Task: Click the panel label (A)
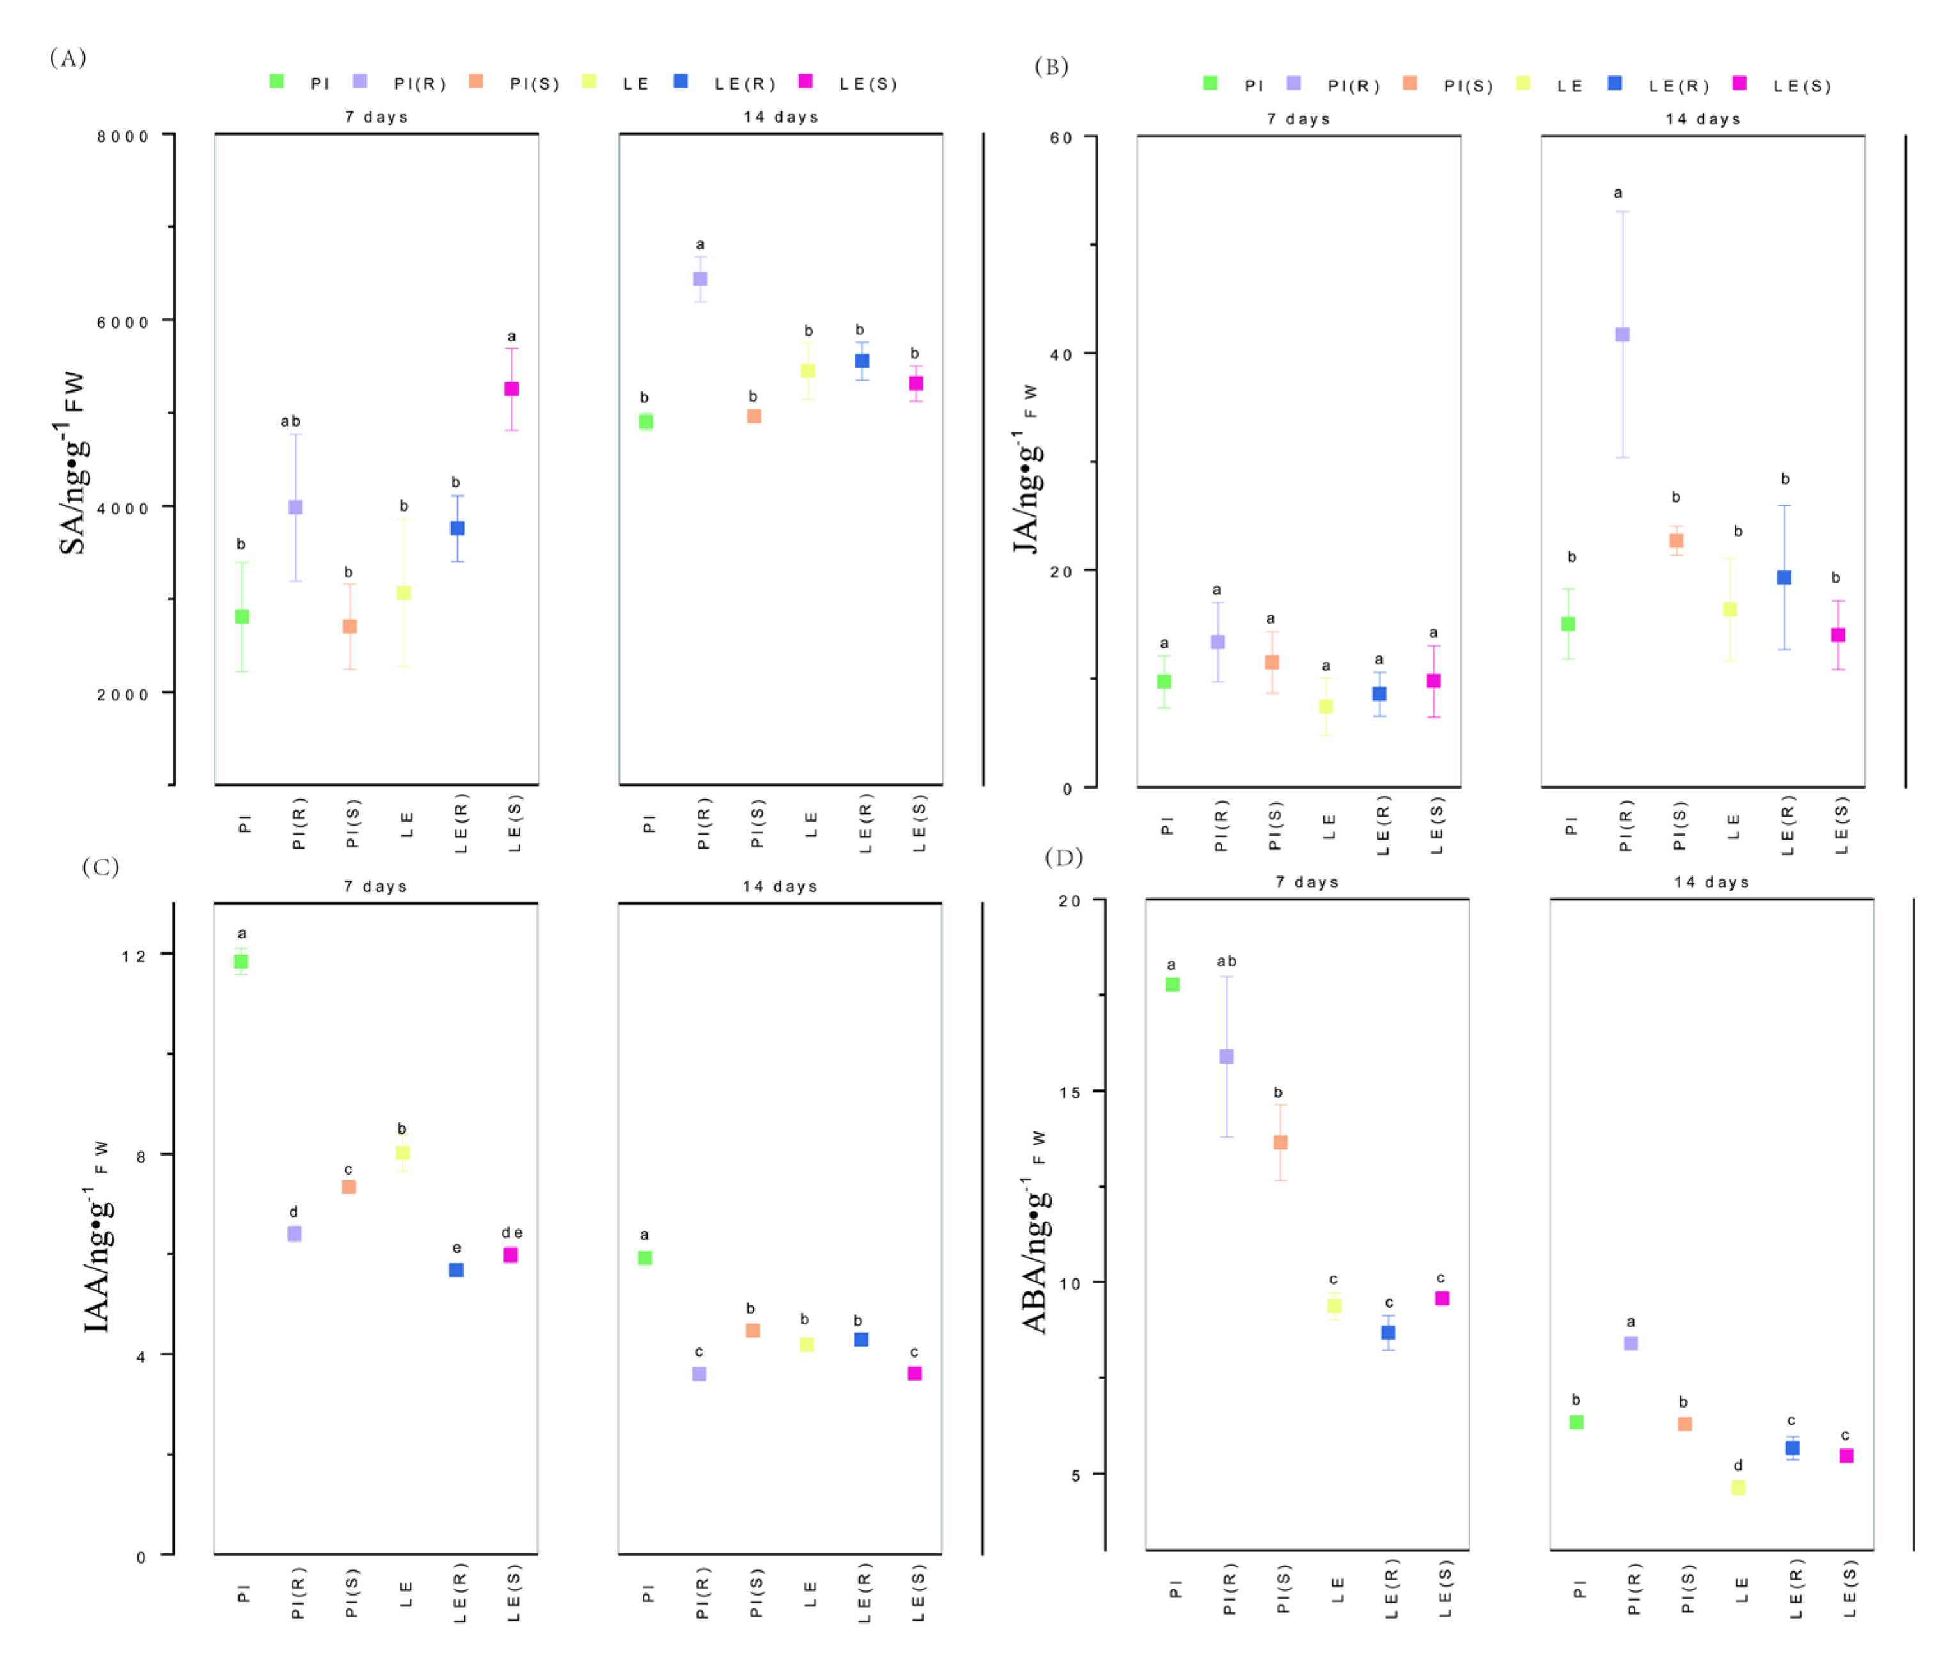tap(68, 58)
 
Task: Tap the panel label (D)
tap(1063, 858)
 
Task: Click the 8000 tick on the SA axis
tap(123, 136)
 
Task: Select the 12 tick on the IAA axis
tap(134, 956)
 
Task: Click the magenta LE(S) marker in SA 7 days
tap(511, 389)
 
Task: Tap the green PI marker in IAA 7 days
tap(241, 962)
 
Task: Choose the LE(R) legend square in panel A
tap(680, 82)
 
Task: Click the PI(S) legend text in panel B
tap(1468, 86)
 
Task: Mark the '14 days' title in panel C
tap(779, 886)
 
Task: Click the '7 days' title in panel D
tap(1306, 882)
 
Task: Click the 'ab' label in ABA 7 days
tap(1226, 961)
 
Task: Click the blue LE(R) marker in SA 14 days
tap(861, 361)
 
